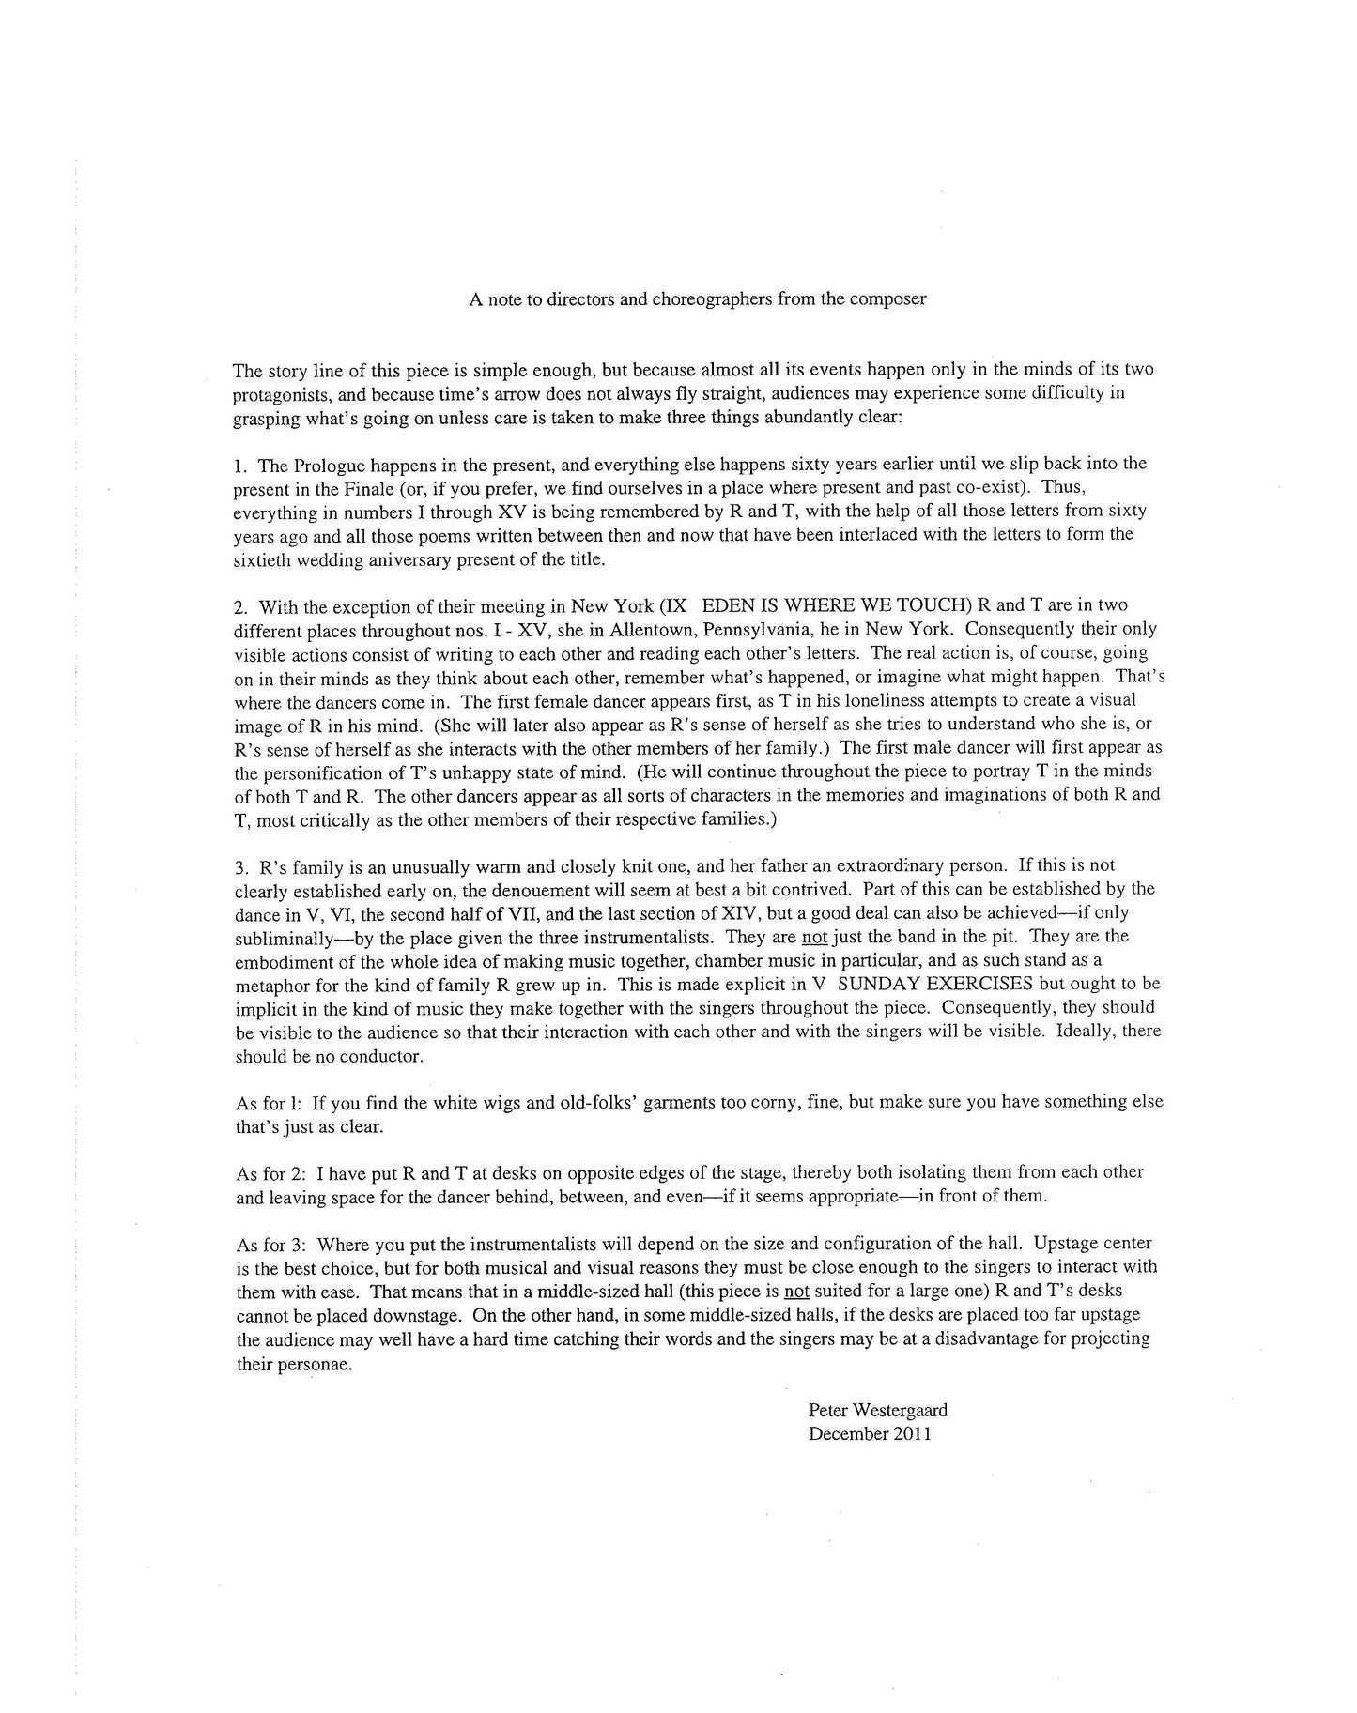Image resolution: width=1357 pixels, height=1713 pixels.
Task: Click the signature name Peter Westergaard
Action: point(877,1410)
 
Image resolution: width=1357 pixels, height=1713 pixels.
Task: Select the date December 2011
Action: point(870,1433)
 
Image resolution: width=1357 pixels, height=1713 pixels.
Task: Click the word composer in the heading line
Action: point(891,299)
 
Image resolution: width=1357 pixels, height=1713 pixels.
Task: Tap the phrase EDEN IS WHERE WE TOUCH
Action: point(814,605)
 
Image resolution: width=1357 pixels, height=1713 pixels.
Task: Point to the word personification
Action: point(315,772)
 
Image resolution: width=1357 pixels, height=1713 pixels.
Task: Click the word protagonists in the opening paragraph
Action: point(276,393)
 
